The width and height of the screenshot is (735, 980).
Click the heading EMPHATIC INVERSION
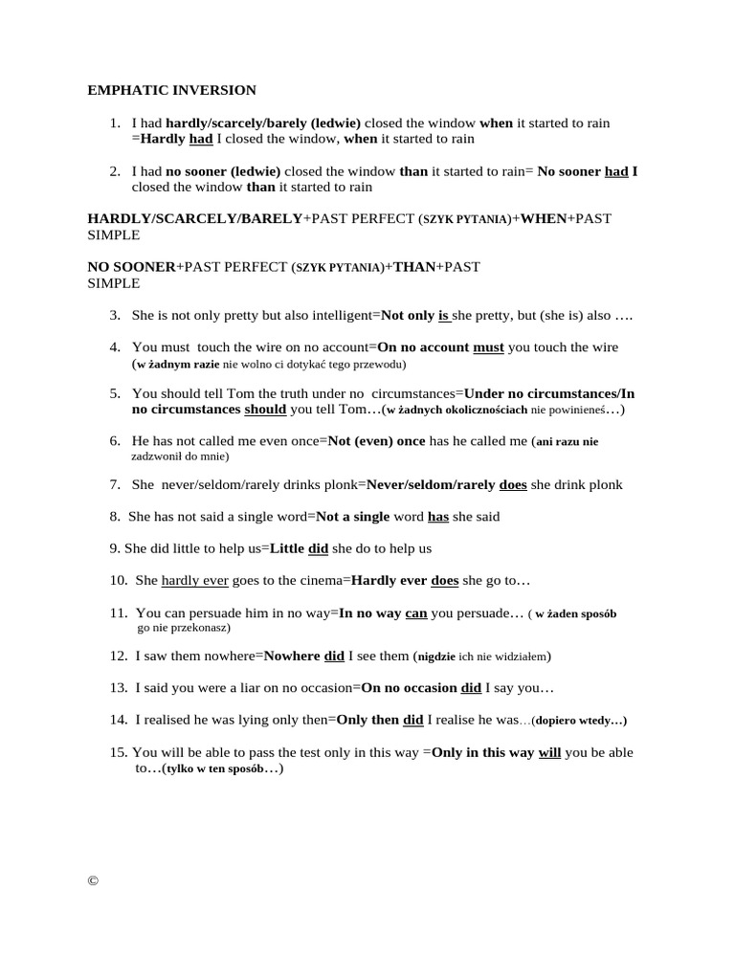tap(172, 90)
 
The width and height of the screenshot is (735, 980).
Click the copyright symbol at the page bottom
tap(93, 881)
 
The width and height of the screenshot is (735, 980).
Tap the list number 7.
tap(114, 484)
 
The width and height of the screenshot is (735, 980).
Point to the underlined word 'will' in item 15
tap(549, 752)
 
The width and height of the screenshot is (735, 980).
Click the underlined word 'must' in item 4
tap(488, 346)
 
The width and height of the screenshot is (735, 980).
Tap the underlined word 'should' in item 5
tap(265, 409)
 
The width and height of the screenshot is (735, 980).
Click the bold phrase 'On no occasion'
tap(410, 687)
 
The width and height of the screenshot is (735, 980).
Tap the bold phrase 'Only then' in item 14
tap(367, 719)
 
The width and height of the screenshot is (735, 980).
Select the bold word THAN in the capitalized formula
tap(414, 266)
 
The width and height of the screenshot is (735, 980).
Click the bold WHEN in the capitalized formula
tap(543, 218)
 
